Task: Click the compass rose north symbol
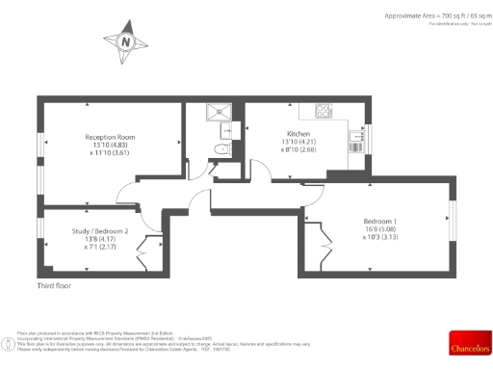124,41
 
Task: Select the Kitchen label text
298,134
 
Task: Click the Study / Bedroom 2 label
100,231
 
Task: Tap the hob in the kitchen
322,109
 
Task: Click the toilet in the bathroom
221,148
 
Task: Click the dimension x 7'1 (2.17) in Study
100,248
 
